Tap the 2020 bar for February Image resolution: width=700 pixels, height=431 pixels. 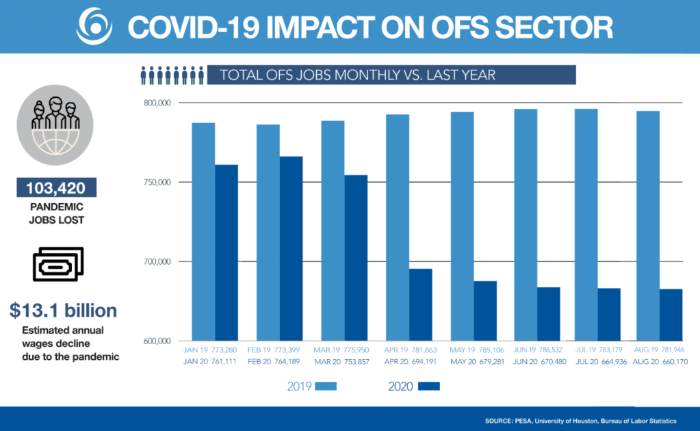tap(291, 248)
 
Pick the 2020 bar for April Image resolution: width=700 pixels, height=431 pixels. tap(421, 304)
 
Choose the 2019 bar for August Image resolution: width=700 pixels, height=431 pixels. tap(648, 226)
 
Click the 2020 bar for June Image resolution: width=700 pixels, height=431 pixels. tap(548, 314)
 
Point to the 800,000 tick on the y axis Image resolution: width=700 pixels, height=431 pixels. tap(157, 103)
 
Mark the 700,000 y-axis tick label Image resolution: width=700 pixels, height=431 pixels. tap(157, 262)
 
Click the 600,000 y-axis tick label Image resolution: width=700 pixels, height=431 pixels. tap(157, 341)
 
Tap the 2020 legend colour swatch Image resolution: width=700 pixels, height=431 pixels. tap(429, 387)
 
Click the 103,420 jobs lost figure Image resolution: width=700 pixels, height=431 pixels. tap(56, 187)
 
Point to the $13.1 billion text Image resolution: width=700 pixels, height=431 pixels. tap(63, 311)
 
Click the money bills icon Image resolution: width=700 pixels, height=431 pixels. tap(57, 264)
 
